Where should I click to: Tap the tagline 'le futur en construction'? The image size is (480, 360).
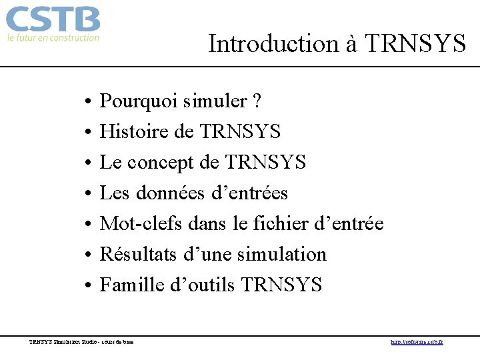click(53, 38)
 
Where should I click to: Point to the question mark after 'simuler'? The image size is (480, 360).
click(257, 102)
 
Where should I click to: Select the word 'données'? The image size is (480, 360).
click(171, 193)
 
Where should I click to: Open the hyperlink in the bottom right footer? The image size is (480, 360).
click(417, 342)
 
